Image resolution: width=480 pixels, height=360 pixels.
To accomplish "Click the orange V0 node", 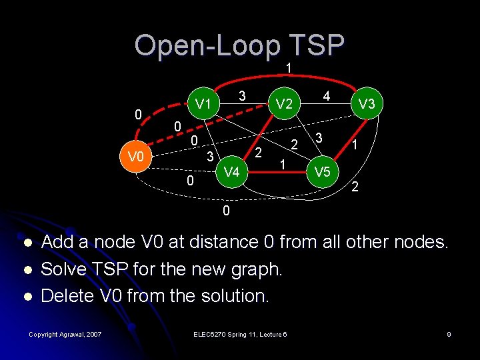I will coord(135,157).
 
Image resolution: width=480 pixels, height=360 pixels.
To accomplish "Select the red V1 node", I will coord(203,103).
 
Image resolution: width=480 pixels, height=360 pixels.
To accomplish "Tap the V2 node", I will coord(284,104).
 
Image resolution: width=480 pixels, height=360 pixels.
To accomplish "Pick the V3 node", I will coord(366,104).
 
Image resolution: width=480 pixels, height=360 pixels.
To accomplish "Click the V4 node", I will coord(231,172).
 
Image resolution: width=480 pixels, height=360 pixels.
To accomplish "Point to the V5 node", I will coord(323,172).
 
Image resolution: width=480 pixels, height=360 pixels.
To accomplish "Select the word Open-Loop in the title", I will coord(207,45).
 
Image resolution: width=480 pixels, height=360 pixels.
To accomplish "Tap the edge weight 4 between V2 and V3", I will coord(327,97).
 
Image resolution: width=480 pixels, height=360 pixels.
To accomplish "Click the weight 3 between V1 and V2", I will coord(243,97).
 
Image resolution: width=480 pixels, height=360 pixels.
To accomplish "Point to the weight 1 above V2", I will coord(288,68).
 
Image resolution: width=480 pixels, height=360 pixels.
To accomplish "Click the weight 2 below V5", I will coord(355,188).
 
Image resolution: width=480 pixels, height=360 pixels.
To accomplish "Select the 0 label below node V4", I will coord(226,211).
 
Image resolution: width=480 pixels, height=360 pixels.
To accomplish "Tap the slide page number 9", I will coord(449,334).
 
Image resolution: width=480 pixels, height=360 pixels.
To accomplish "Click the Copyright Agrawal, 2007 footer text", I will coord(65,334).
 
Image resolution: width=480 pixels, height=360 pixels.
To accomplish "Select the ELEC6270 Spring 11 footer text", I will coord(240,334).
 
